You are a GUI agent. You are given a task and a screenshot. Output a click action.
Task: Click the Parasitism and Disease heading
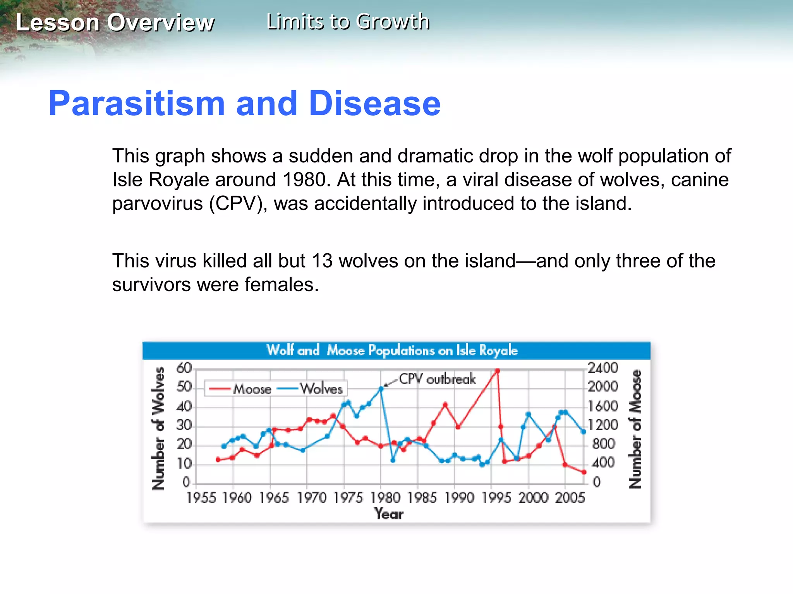point(244,103)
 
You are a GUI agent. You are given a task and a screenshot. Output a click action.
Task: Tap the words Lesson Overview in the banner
point(115,22)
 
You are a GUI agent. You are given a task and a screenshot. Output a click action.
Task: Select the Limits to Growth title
point(348,21)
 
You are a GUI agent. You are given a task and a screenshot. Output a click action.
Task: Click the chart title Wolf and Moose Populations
point(392,350)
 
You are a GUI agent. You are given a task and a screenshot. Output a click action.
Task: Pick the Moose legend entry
point(252,389)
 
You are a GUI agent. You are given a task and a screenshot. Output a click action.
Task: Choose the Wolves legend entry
point(321,388)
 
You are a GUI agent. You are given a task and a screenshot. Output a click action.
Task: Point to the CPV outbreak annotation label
point(437,379)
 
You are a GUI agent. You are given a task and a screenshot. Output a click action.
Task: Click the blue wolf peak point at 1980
point(381,389)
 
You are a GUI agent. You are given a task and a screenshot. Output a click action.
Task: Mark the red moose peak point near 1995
point(498,371)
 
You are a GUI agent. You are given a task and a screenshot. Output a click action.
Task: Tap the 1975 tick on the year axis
point(348,497)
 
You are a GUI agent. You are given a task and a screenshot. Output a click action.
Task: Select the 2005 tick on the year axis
point(570,497)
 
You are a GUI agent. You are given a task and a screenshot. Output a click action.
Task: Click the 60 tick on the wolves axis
point(184,368)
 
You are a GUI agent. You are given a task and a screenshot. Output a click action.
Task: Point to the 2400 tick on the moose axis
point(602,368)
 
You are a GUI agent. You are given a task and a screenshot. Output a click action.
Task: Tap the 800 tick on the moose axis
point(603,444)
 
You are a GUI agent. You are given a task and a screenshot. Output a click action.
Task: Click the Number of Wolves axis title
point(158,428)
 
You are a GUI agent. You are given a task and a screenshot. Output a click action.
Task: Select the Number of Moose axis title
point(635,429)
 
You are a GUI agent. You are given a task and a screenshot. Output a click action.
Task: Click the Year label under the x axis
point(389,514)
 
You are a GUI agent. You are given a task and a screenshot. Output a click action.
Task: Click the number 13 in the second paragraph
point(322,261)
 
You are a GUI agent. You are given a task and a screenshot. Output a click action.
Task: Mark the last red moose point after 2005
point(584,472)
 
